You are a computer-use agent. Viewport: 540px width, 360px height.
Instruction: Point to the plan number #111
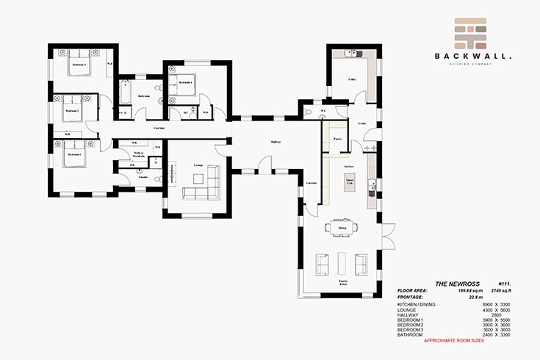pos(504,284)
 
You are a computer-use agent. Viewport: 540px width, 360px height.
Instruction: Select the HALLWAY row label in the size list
pos(408,314)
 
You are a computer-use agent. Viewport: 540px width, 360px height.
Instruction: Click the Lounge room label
pos(198,165)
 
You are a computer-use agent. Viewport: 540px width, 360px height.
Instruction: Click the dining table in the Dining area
pos(342,228)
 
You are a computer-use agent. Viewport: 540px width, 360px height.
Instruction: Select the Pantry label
pos(337,138)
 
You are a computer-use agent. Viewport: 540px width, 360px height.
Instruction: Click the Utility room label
pos(352,79)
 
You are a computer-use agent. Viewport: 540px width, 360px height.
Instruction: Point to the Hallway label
pos(276,142)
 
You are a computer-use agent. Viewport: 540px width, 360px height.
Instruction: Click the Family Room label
pos(342,281)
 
